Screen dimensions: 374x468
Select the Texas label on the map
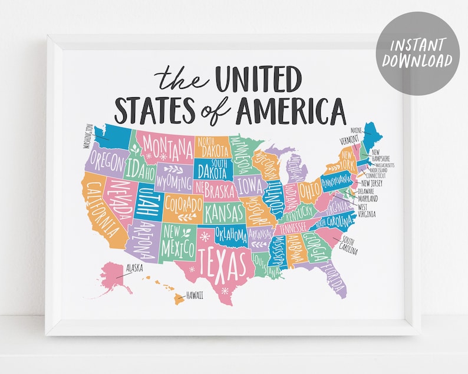221,263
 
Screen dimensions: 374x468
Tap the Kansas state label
224,210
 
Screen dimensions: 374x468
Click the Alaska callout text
136,267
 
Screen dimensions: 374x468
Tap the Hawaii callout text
195,296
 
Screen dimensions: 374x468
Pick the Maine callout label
355,130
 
